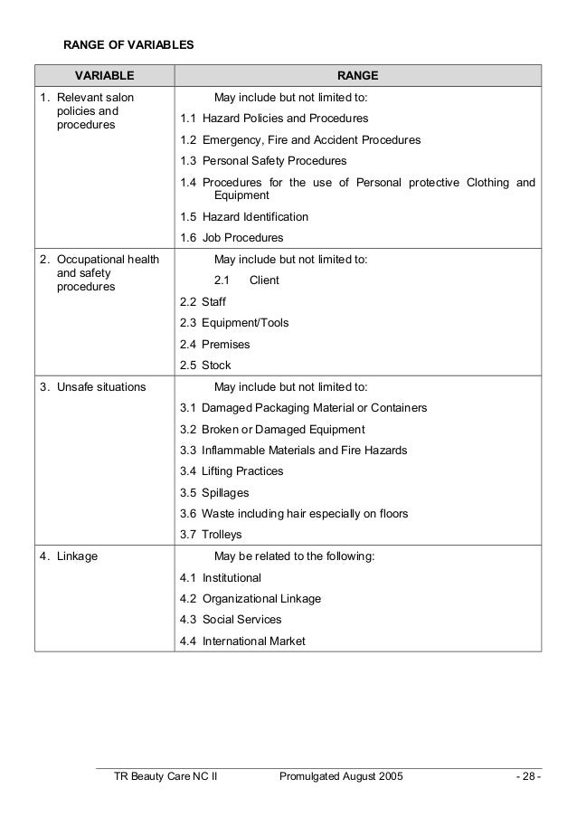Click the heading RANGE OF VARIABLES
pos(127,43)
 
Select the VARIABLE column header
pos(104,75)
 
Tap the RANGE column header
pos(358,75)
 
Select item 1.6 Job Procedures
pos(232,238)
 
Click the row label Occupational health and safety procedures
pos(99,273)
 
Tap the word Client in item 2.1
pos(264,280)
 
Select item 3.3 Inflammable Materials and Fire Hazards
pos(293,451)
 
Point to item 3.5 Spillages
pos(214,493)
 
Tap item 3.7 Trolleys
pos(211,535)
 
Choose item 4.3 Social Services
pos(231,620)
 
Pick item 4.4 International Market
pos(242,641)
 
